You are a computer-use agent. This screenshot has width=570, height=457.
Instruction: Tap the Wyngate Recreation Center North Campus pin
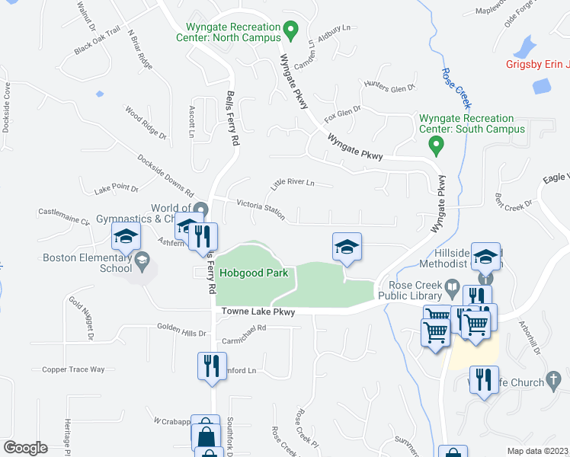pos(290,31)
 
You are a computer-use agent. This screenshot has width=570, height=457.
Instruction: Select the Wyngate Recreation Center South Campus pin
pos(436,142)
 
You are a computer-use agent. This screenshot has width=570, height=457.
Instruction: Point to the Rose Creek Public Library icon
pos(452,289)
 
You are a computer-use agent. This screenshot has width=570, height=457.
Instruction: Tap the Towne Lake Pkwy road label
pos(258,312)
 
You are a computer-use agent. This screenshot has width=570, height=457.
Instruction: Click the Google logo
pos(25,447)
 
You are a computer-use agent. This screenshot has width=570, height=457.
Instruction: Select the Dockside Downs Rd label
pos(165,174)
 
